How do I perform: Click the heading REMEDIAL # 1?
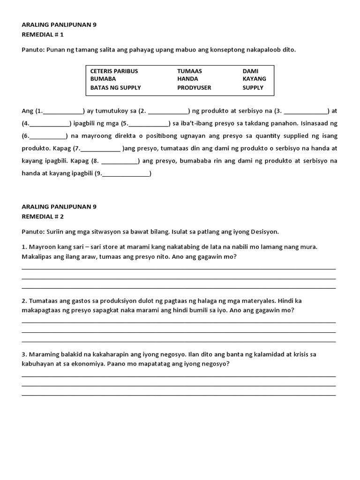[x=43, y=34]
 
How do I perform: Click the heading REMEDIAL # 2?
[x=43, y=217]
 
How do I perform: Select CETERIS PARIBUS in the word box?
[x=114, y=71]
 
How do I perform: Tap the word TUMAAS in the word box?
[x=189, y=71]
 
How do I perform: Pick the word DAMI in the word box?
[x=250, y=71]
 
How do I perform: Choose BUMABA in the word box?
[x=103, y=79]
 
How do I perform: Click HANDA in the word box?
[x=187, y=79]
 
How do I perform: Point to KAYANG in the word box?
[x=254, y=79]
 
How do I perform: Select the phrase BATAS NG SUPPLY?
[x=115, y=87]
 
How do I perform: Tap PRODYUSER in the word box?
[x=194, y=87]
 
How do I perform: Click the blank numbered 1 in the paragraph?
[x=63, y=112]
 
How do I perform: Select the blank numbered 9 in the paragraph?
[x=125, y=173]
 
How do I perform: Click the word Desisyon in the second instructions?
[x=265, y=232]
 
